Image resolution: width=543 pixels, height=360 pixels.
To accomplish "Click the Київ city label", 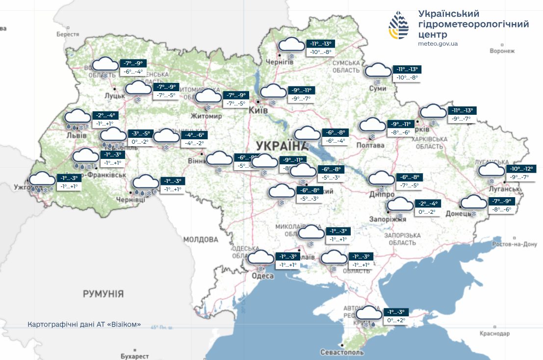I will [259, 111].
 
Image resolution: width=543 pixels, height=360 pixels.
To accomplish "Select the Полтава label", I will [371, 146].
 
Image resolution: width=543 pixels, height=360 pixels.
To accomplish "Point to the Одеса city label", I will [262, 276].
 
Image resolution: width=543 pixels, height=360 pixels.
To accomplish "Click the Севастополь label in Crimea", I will [342, 353].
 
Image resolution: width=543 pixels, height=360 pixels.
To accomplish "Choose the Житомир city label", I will [207, 116].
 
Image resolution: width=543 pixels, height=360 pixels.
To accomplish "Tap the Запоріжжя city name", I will [388, 219].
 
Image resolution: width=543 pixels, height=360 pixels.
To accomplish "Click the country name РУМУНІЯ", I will [103, 294].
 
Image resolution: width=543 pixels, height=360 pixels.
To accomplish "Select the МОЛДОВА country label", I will [201, 240].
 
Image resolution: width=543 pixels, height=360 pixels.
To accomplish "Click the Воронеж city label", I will [502, 51].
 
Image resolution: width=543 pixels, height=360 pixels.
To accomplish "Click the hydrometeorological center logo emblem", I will [398, 26].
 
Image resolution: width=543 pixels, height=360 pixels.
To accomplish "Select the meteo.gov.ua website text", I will [438, 44].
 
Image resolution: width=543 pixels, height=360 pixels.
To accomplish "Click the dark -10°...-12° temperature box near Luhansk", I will [521, 169].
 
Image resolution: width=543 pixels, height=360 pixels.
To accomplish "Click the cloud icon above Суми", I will [378, 70].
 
